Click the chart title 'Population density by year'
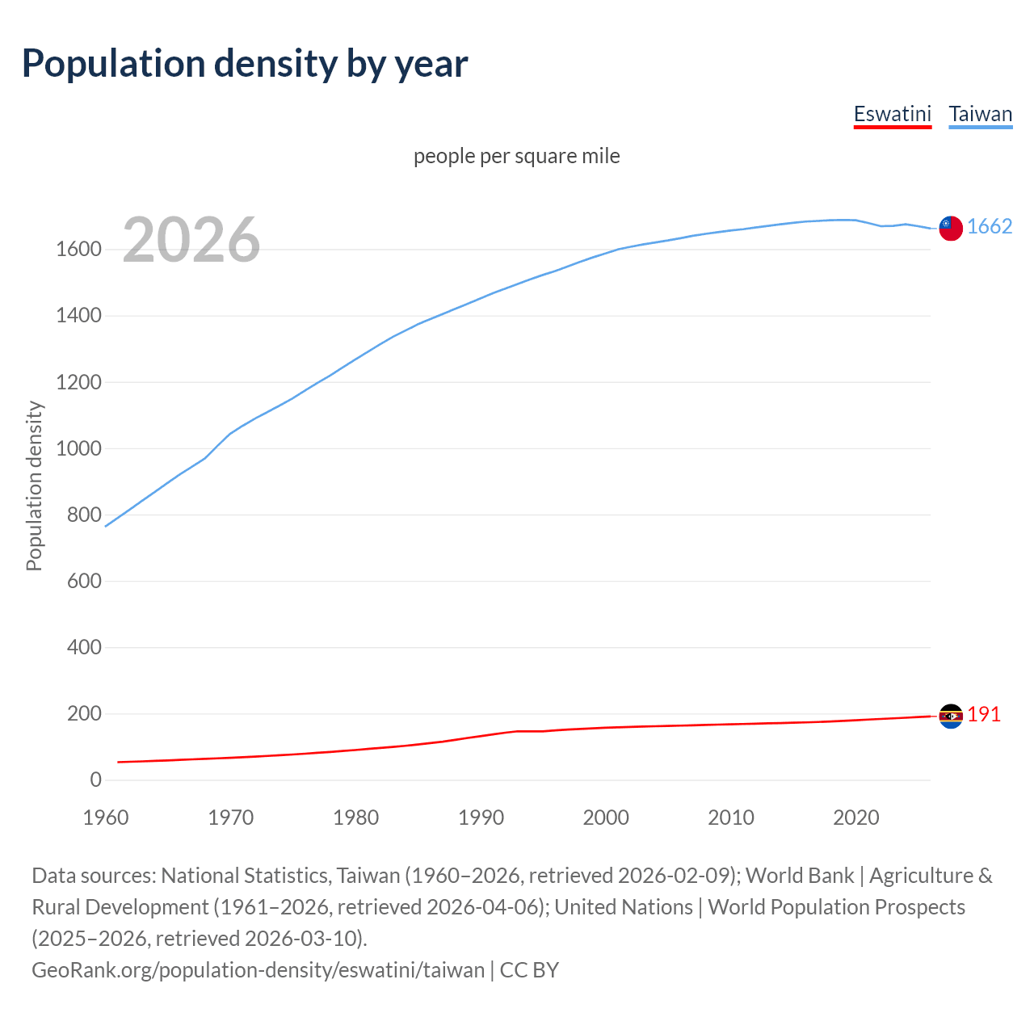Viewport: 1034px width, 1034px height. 245,64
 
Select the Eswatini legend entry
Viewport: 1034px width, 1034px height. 892,114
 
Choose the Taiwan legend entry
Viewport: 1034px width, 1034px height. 980,114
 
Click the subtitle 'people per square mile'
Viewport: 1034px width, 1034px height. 516,156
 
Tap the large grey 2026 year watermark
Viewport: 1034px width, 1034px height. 191,240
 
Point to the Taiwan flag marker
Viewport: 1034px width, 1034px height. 951,229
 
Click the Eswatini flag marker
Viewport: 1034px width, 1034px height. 951,716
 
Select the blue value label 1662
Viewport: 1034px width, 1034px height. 990,227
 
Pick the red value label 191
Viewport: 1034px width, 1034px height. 984,715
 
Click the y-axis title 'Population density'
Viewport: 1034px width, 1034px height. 34,486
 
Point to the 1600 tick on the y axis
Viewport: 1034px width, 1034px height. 78,250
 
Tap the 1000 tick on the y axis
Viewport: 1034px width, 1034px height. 78,449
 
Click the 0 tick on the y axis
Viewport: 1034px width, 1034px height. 96,780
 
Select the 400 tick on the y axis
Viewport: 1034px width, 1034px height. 84,648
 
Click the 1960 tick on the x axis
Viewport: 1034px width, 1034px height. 106,818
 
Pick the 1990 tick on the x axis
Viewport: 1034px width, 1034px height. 481,818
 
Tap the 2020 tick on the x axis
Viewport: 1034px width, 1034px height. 855,818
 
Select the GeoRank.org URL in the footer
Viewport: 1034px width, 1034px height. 258,970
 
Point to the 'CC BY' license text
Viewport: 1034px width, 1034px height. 529,970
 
